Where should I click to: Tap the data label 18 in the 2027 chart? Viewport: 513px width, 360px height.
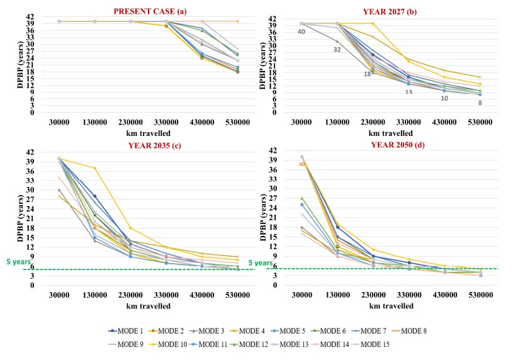pos(367,74)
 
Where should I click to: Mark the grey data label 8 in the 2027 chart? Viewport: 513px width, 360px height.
pos(480,103)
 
